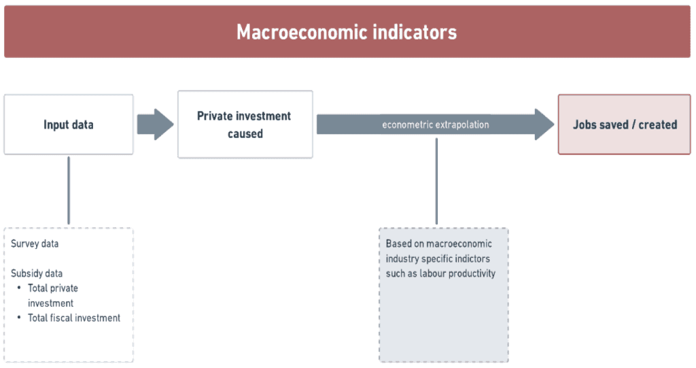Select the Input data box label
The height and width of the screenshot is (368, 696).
click(69, 125)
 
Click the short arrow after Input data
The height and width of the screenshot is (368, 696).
click(156, 124)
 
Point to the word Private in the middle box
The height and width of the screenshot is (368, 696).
click(215, 116)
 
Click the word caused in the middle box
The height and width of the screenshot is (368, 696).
click(245, 134)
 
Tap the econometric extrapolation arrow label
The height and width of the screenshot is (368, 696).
click(436, 125)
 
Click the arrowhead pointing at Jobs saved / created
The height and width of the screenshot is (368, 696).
click(544, 124)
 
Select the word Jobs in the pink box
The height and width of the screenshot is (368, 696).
click(583, 125)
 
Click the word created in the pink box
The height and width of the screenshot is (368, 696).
click(658, 125)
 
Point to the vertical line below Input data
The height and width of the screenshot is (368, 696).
click(69, 190)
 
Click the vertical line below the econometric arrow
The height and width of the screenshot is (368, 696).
click(436, 182)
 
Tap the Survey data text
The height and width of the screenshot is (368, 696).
click(35, 244)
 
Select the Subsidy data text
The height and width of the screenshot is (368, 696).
click(37, 273)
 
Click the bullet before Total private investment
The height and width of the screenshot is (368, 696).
click(19, 288)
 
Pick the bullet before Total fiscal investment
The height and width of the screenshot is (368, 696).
click(19, 318)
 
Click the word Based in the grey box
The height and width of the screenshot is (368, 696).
click(398, 244)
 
